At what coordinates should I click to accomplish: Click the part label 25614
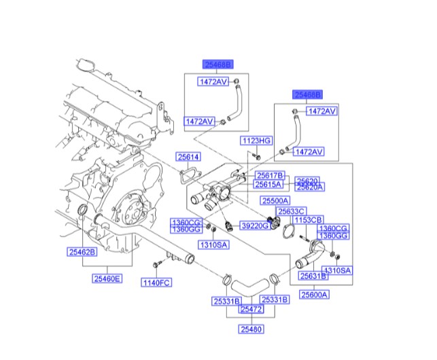point(189,157)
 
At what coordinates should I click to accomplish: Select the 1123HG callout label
point(256,141)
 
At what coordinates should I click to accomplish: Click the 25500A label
point(275,201)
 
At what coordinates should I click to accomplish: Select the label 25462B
point(82,252)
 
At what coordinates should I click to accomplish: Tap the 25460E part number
point(107,278)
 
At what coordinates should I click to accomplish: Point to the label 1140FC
point(155,283)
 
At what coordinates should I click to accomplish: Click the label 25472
point(250,309)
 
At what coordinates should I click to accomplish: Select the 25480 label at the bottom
point(250,330)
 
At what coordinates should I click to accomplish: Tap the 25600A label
point(315,295)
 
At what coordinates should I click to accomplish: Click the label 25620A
point(309,186)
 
